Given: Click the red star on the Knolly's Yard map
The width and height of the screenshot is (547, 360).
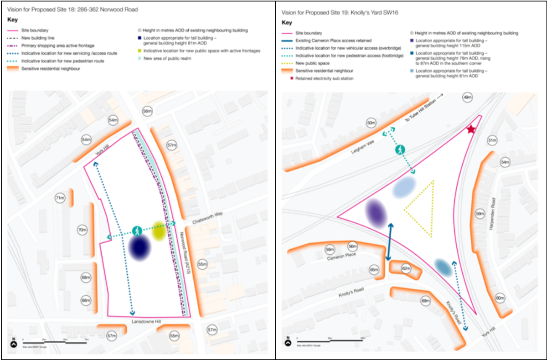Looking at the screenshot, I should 471,130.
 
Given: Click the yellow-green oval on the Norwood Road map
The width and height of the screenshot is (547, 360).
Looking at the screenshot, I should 159,231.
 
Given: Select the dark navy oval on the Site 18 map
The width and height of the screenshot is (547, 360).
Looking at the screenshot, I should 140,247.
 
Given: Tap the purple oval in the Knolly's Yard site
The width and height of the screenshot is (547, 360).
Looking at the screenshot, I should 376,213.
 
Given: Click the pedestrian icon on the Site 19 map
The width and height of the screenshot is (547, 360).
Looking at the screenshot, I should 400,149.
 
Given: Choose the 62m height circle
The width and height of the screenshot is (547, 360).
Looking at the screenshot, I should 406,269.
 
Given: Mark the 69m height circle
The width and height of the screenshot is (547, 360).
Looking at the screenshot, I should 425,301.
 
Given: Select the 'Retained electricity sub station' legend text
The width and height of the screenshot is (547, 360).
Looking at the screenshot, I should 325,78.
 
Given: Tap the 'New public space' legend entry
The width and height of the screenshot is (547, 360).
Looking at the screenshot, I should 312,63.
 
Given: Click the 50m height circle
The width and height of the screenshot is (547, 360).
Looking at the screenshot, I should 371,123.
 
